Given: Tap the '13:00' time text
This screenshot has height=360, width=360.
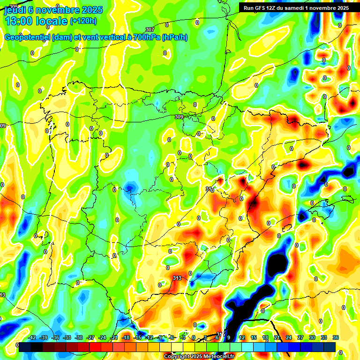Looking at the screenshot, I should pos(21,21).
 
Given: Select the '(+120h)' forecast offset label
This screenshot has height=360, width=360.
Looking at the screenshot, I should pos(83,21).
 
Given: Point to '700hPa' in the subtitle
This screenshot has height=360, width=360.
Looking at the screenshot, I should pos(144,37).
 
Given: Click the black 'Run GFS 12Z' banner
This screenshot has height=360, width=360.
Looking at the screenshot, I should pos(296,8).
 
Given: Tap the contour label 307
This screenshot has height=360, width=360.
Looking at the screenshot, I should pos(150,30).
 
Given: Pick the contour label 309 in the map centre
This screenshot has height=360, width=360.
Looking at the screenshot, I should pos(179,117).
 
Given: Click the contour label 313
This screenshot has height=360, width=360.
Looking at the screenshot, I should pos(177,278).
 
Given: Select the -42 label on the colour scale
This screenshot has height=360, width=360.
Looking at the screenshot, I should pos(32,337).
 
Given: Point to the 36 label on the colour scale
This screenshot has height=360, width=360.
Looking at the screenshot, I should pos(336,337).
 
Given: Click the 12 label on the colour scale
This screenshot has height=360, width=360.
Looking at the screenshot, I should pos(242,337).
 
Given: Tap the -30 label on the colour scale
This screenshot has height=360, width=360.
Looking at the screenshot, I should pos(79,337).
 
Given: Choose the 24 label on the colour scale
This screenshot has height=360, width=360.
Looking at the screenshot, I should pos(289,337).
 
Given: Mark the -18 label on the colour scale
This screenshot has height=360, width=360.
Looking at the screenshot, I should pos(126,337).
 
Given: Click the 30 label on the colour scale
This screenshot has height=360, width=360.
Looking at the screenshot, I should pos(312,337).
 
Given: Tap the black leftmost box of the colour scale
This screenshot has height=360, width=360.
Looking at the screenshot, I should pos(25,347).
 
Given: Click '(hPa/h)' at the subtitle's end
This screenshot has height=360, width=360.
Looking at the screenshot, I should pos(174,37).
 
